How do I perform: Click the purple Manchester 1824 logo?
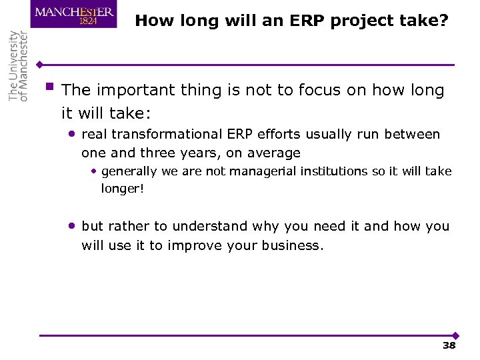[x=73, y=14]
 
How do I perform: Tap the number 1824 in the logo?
[x=89, y=21]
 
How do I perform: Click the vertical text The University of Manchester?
[x=18, y=66]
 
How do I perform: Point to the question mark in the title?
[x=443, y=21]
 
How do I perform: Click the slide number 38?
[x=449, y=345]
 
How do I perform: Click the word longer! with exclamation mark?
[x=123, y=189]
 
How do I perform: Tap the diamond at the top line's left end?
[x=40, y=65]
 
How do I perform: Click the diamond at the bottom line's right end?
[x=455, y=335]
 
